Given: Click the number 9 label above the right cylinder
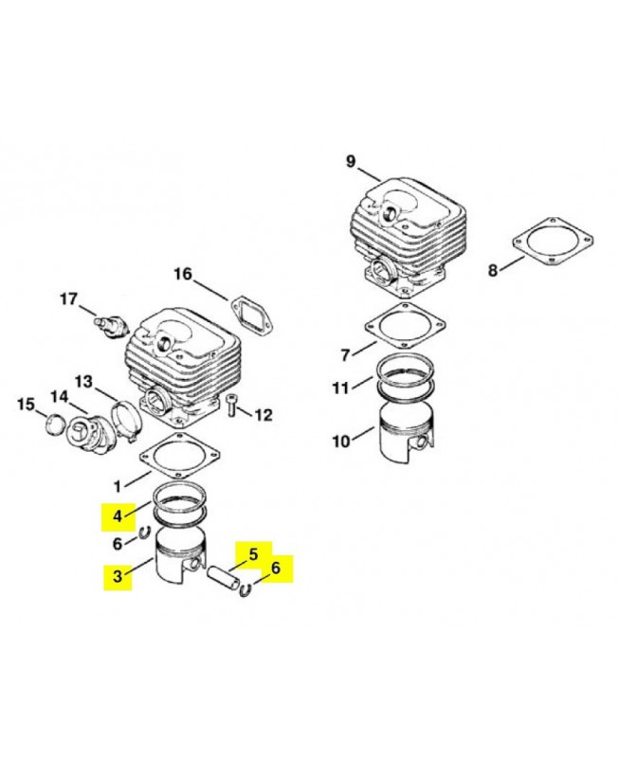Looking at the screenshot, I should pos(351,161).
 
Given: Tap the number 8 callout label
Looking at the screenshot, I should pos(492,271).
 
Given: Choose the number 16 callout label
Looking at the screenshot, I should pos(183,275).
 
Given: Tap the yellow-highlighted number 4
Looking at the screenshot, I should pos(118,516).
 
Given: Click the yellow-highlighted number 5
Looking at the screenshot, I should pos(253,554).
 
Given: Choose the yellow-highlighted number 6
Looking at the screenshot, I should pos(276,568).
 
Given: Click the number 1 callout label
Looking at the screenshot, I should pos(118,484).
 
